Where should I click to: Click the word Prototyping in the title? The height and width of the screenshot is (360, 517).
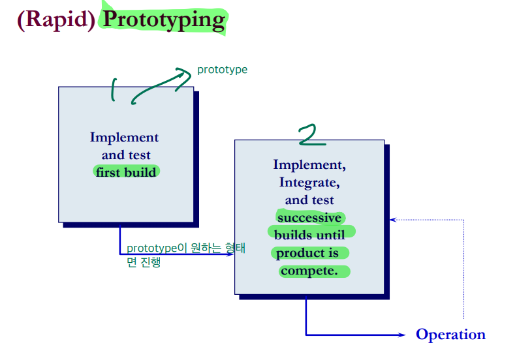(x=163, y=19)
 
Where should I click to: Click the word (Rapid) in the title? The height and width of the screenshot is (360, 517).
(x=56, y=19)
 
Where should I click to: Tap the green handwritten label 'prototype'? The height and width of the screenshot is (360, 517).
(x=222, y=70)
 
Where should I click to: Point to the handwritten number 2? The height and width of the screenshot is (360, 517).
(x=311, y=135)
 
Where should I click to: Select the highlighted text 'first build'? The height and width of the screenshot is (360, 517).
(x=126, y=172)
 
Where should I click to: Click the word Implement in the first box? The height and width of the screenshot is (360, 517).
(x=124, y=137)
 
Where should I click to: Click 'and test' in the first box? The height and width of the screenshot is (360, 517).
(x=125, y=155)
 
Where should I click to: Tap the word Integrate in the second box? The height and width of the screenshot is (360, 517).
(x=309, y=182)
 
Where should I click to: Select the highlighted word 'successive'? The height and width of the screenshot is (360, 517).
(x=309, y=217)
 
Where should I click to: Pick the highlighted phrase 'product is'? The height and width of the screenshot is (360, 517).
(x=307, y=252)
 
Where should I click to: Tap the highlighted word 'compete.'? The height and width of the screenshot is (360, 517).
(x=309, y=270)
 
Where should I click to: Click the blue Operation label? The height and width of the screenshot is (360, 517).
(x=450, y=335)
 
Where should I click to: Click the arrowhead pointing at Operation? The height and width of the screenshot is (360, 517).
(x=401, y=335)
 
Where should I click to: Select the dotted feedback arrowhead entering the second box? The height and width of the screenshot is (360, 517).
(x=392, y=220)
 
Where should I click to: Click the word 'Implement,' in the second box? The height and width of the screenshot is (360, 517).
(x=309, y=164)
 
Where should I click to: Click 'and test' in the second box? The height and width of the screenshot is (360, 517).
(x=309, y=200)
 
